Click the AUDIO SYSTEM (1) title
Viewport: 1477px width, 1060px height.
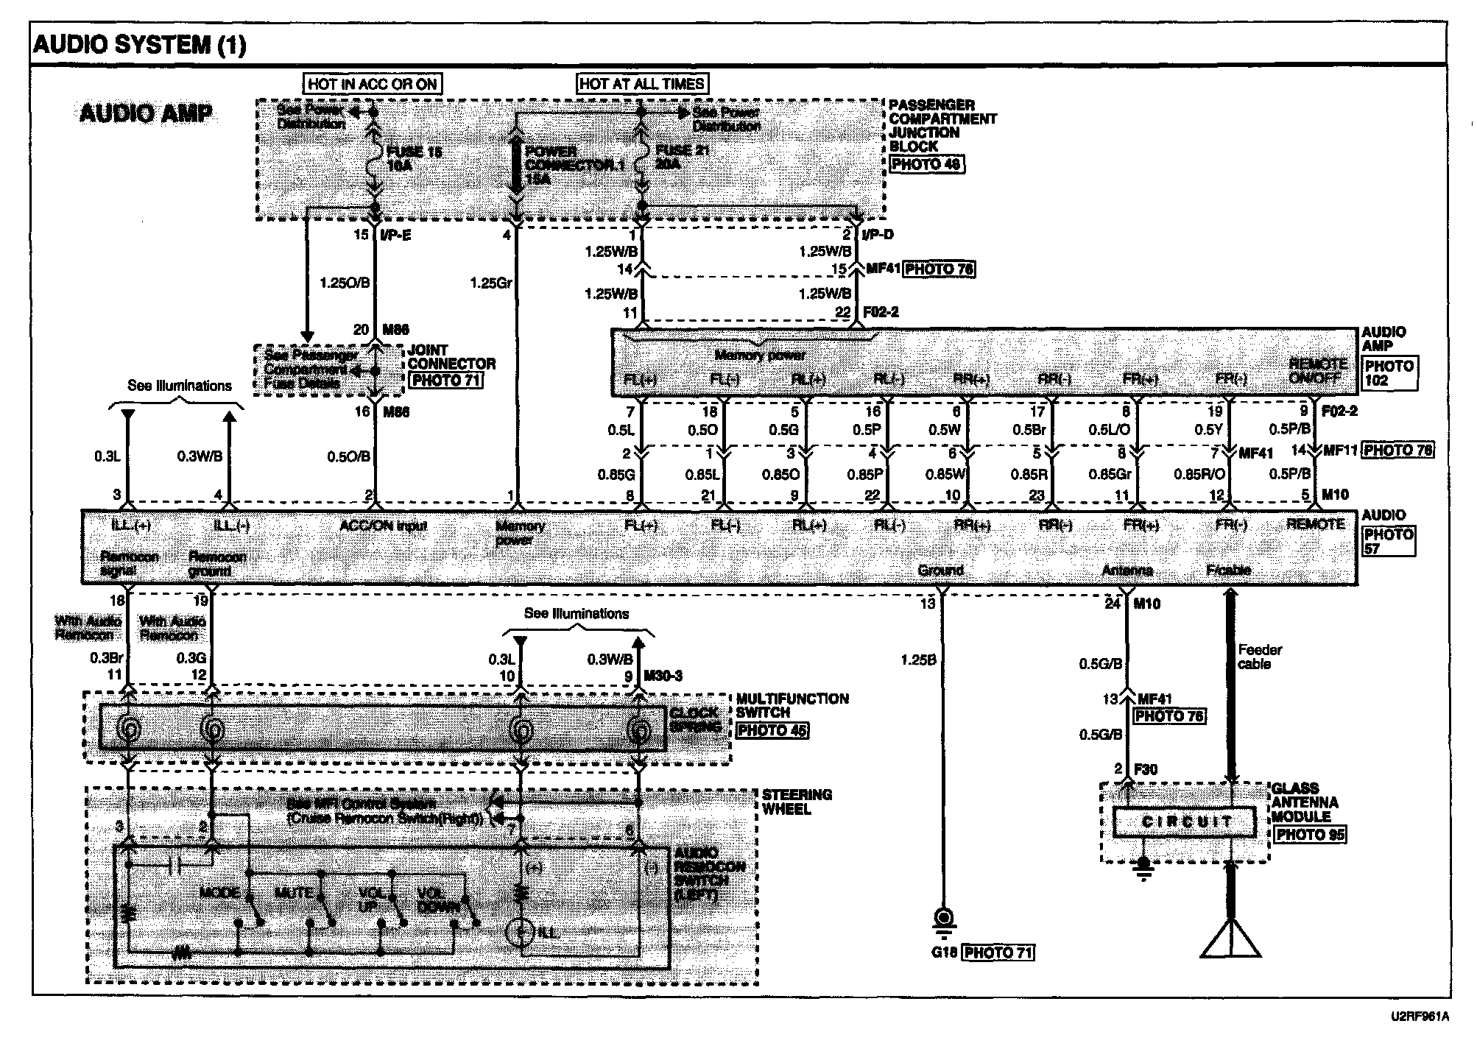(x=139, y=45)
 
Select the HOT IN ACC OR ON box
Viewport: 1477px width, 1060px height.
(x=373, y=84)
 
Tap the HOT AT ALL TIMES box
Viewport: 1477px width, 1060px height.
(x=642, y=84)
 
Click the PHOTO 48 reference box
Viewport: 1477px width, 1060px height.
(x=926, y=165)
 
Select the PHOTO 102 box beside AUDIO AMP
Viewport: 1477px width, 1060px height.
(x=1389, y=373)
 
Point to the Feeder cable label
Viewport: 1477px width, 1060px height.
(x=1260, y=657)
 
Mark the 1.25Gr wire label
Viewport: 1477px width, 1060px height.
(x=490, y=283)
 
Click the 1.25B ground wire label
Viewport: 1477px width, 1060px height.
(x=918, y=660)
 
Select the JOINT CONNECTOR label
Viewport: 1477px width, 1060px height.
(x=451, y=357)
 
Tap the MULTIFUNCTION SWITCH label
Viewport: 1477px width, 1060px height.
(x=792, y=705)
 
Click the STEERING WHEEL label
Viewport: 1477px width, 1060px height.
(x=797, y=802)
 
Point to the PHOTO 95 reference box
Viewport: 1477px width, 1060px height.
(x=1310, y=835)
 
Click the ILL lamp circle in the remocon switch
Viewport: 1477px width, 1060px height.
(x=521, y=933)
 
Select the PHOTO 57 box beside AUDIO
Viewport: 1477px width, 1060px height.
(x=1389, y=541)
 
